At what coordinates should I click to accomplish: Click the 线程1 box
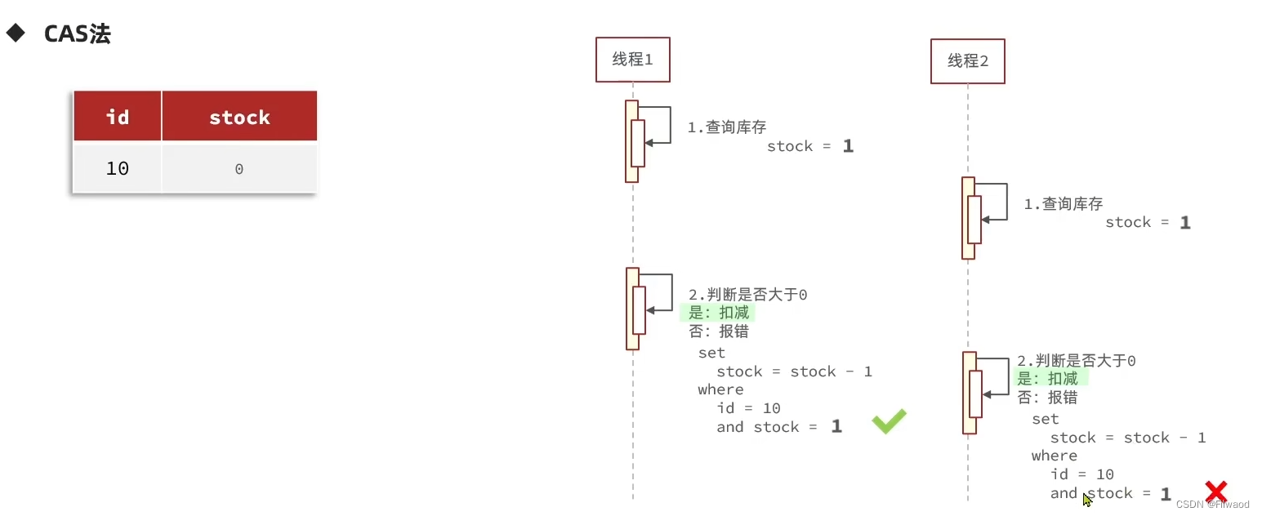point(632,60)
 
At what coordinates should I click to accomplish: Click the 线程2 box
point(967,61)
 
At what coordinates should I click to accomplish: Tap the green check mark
point(889,421)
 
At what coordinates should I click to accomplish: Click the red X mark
point(1216,492)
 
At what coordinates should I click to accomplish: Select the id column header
point(118,117)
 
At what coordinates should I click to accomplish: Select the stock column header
point(239,118)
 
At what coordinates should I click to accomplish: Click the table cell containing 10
point(118,168)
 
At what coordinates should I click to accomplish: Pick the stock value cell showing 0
point(239,169)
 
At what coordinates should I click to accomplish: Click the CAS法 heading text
point(77,34)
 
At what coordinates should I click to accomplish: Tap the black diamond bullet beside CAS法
point(16,33)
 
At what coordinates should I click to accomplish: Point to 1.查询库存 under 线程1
point(726,127)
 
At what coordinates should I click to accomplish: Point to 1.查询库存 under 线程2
point(1063,203)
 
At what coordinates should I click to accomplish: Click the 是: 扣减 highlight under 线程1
point(718,313)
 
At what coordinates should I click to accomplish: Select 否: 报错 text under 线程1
point(718,331)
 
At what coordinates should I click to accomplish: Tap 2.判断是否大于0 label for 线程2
point(1076,360)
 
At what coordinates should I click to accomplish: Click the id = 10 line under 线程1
point(748,408)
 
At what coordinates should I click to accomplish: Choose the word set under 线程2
point(1045,419)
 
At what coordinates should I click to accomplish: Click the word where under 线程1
point(720,389)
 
